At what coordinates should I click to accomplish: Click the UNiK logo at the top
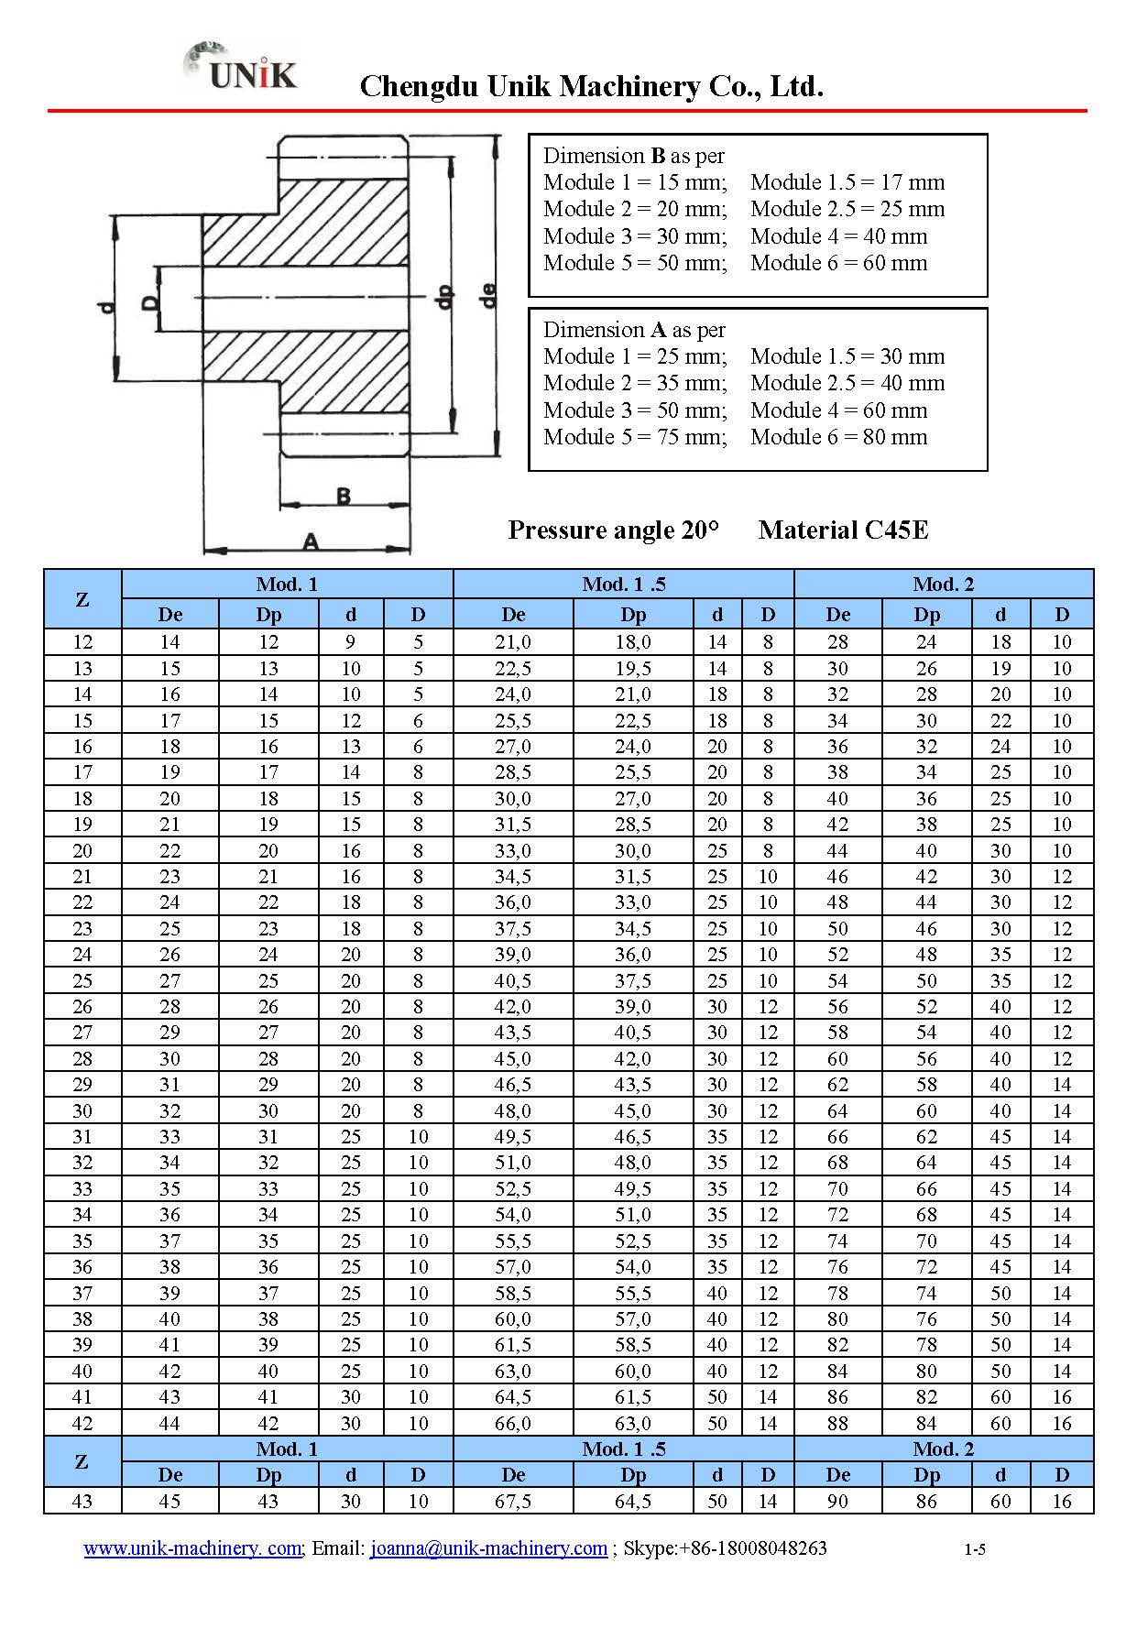click(x=243, y=69)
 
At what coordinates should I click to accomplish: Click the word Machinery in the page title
click(x=629, y=86)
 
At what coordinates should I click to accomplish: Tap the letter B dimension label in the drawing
click(x=343, y=497)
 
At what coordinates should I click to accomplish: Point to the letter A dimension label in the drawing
click(x=311, y=541)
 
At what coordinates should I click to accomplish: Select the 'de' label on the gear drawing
click(x=488, y=295)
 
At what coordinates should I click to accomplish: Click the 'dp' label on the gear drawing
click(x=444, y=297)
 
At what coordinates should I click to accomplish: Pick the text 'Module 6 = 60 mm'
click(x=838, y=263)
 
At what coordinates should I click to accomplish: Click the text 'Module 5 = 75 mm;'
click(x=635, y=437)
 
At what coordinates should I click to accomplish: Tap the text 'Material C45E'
click(x=843, y=530)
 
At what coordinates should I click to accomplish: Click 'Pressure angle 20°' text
click(x=613, y=530)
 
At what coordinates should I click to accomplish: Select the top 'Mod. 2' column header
click(x=943, y=584)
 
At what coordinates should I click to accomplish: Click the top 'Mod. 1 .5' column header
click(x=623, y=584)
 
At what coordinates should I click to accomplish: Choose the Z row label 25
click(x=82, y=980)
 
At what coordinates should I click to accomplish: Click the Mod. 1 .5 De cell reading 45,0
click(x=513, y=1058)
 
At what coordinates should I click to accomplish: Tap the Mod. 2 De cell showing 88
click(x=837, y=1423)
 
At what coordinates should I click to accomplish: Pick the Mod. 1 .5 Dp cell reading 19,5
click(x=633, y=668)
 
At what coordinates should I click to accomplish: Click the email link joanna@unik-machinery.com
click(x=488, y=1547)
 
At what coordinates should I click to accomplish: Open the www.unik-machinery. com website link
click(x=192, y=1547)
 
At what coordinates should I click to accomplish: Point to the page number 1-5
click(x=974, y=1549)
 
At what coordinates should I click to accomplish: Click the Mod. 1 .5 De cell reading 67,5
click(x=513, y=1501)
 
